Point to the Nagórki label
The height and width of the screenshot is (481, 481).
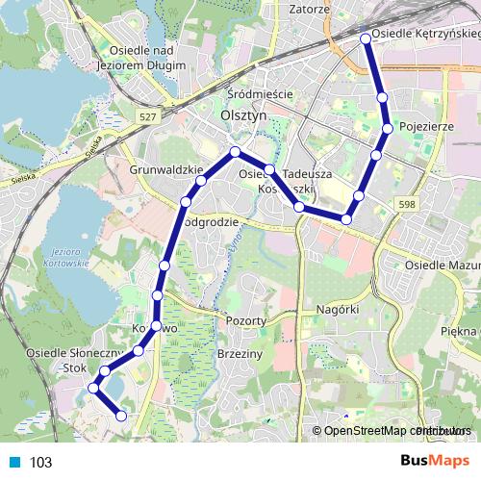337,309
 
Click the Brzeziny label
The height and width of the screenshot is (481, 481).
240,354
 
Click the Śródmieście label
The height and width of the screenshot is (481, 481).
260,94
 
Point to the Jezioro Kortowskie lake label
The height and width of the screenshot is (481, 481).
66,256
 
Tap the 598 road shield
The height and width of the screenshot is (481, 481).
408,204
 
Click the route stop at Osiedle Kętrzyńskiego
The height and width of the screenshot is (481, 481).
366,38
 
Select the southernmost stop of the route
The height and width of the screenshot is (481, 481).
121,416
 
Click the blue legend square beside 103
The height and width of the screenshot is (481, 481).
15,462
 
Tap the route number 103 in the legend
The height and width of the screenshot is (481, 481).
41,463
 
